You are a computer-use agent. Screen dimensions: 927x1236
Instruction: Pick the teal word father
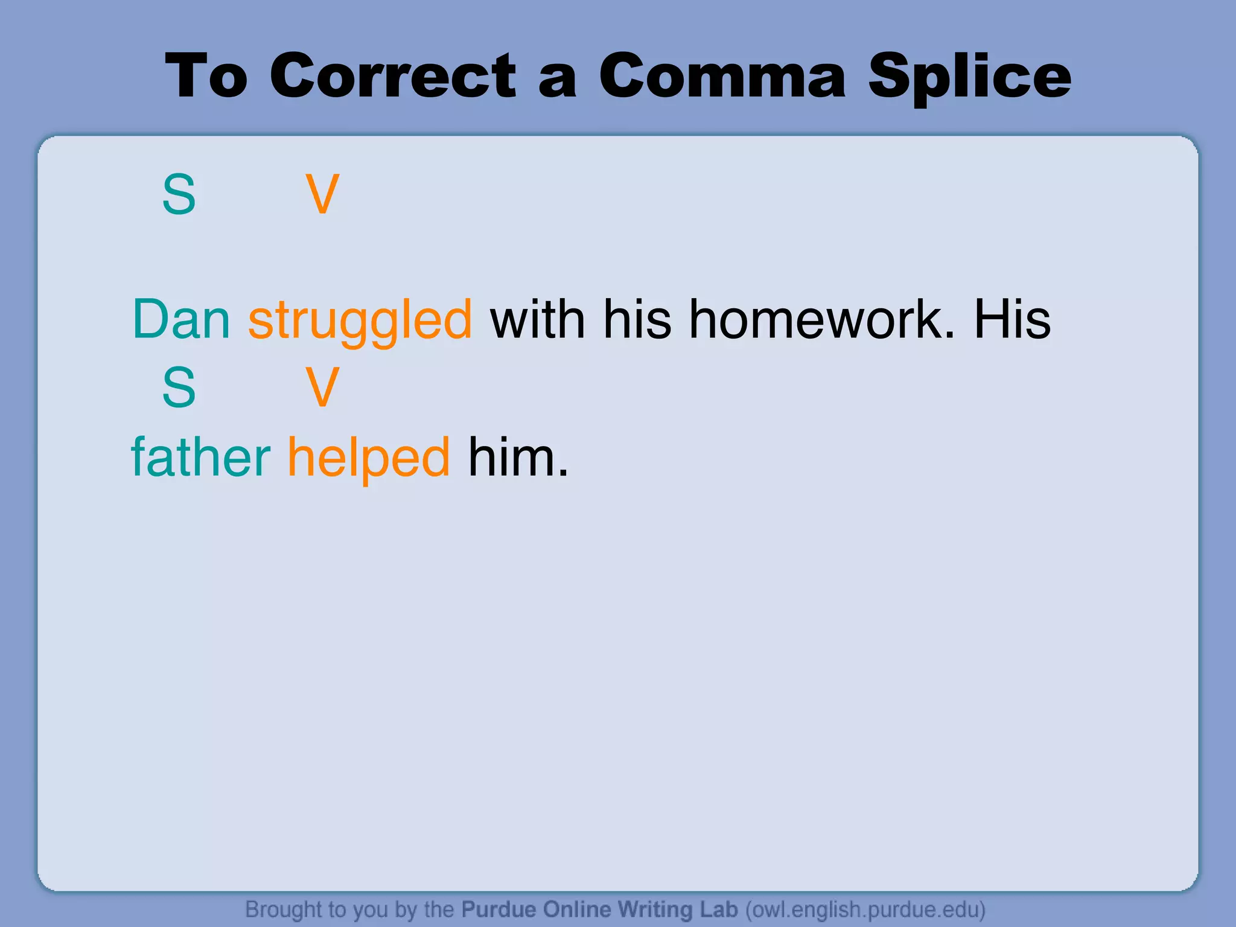pyautogui.click(x=201, y=457)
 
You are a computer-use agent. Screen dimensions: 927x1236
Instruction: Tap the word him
pyautogui.click(x=518, y=457)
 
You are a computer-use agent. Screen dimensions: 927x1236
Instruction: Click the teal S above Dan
pyautogui.click(x=179, y=194)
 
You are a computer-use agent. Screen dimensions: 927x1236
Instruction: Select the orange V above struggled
pyautogui.click(x=322, y=194)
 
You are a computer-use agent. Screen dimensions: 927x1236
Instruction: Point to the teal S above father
pyautogui.click(x=179, y=387)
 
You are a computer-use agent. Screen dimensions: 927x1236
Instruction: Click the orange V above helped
pyautogui.click(x=322, y=387)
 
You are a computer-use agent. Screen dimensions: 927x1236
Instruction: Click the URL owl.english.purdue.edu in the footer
pyautogui.click(x=865, y=909)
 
